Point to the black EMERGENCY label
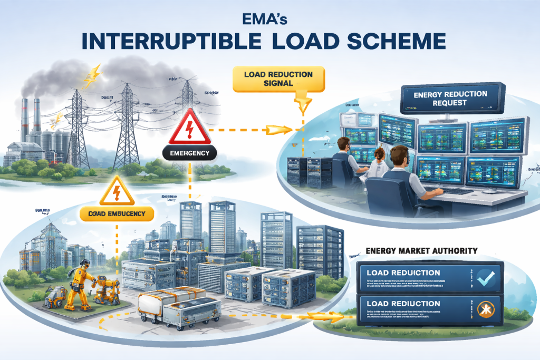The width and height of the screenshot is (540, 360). point(190,154)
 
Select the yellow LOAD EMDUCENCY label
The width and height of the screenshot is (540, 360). point(117,213)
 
